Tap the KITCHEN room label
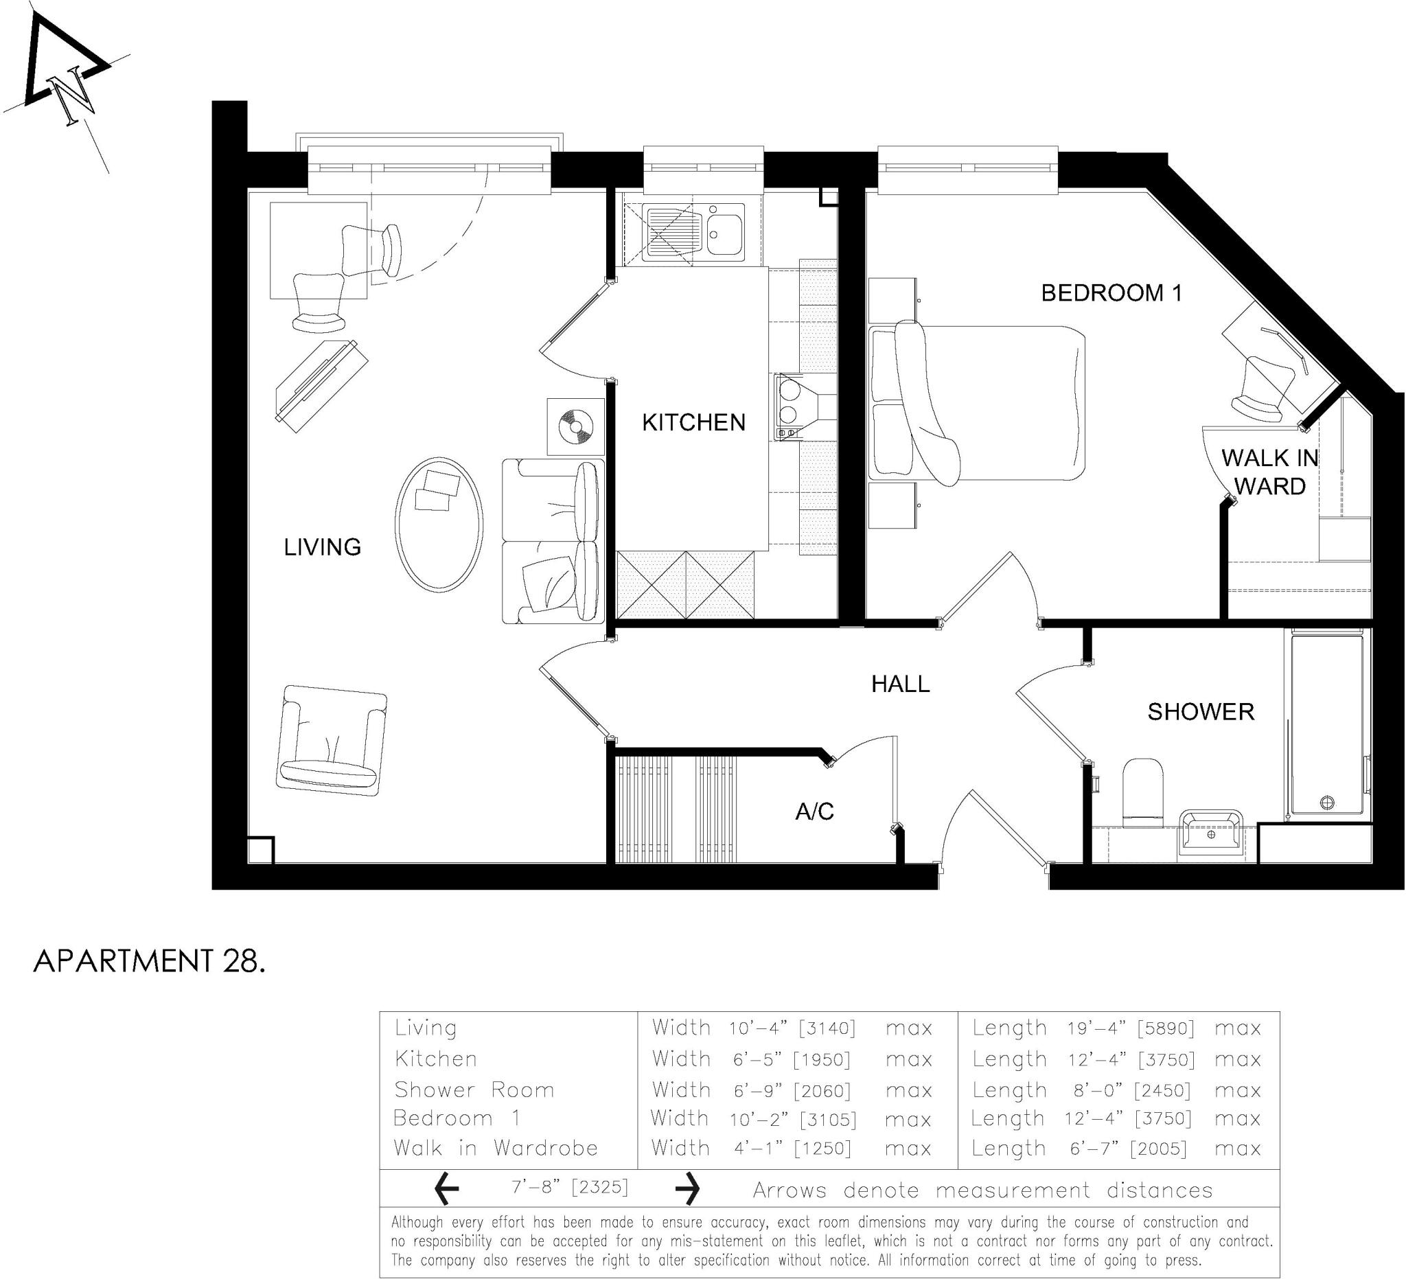[693, 423]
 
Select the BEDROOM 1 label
[1111, 293]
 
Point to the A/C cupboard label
[815, 811]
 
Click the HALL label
[900, 684]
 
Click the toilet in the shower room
[1143, 792]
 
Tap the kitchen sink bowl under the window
[726, 231]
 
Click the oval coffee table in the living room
[439, 525]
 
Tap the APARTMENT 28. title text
[149, 961]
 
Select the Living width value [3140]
[827, 1028]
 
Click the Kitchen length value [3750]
[1166, 1060]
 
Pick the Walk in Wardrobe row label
[495, 1148]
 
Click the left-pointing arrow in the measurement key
[446, 1188]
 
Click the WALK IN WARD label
[1269, 472]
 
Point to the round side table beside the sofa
[575, 426]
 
